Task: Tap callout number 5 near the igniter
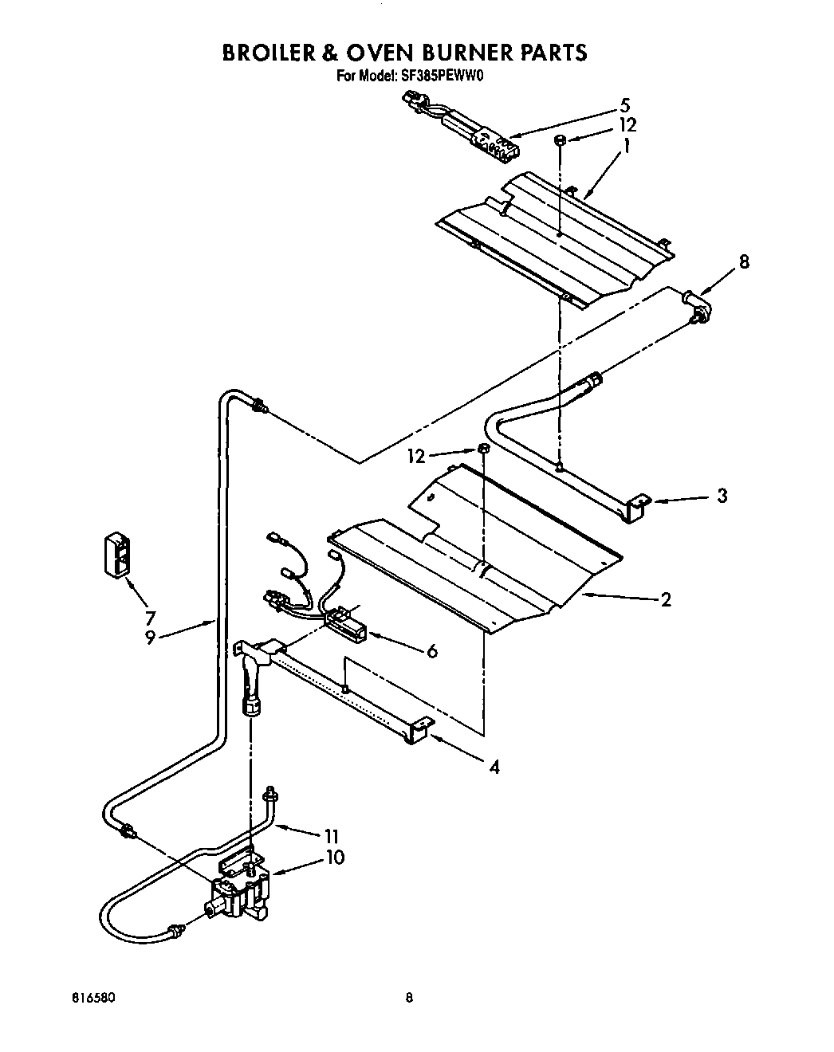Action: coord(624,104)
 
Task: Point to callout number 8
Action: coord(744,261)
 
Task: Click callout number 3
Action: coord(722,496)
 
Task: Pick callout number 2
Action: coord(666,599)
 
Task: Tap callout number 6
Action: coord(432,651)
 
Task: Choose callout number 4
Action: coord(494,767)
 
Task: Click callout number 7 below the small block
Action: coord(150,616)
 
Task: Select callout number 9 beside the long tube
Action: coord(150,638)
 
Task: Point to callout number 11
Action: coord(332,836)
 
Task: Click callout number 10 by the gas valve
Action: coord(336,858)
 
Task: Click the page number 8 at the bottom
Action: coord(409,997)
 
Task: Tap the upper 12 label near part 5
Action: coord(627,125)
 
